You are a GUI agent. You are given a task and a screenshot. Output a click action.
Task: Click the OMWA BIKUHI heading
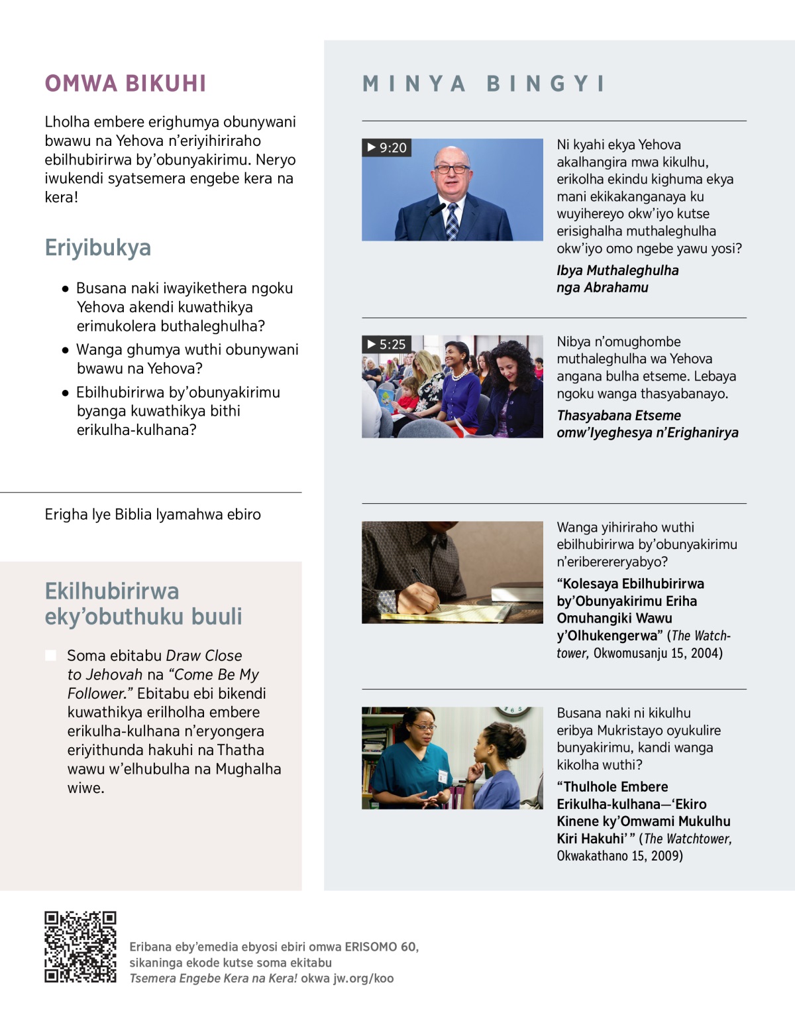pos(126,84)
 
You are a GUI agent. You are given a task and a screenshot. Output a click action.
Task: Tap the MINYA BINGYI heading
pos(484,84)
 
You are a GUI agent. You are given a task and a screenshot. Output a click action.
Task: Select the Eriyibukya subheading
pos(98,248)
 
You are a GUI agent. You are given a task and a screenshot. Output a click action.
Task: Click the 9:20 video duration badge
pos(387,147)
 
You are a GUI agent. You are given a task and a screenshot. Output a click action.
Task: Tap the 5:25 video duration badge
pos(386,344)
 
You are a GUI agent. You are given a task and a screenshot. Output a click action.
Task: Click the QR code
pos(80,946)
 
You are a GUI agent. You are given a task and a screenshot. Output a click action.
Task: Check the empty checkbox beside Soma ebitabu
pos(50,656)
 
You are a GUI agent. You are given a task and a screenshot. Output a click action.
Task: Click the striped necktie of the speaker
pos(452,221)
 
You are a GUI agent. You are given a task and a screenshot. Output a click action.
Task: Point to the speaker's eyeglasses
pos(451,168)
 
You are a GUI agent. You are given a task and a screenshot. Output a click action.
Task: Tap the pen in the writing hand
pos(426,587)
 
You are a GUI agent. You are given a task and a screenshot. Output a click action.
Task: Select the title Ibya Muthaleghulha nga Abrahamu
pos(617,279)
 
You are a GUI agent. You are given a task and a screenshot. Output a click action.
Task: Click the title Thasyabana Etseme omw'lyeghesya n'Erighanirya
pos(647,424)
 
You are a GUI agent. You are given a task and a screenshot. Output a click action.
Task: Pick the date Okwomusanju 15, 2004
pos(658,653)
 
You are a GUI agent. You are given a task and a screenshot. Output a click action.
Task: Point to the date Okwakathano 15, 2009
pos(619,856)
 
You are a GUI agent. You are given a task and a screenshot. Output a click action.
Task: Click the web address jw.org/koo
pos(362,979)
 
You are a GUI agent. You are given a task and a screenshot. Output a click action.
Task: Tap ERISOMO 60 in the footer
pos(381,947)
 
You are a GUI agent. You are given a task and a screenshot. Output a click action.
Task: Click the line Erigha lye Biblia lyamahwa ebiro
pos(153,514)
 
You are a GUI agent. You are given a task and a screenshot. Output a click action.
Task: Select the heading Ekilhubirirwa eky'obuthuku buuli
pos(143,603)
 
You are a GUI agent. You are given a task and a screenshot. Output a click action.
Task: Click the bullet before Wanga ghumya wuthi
pos(65,350)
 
